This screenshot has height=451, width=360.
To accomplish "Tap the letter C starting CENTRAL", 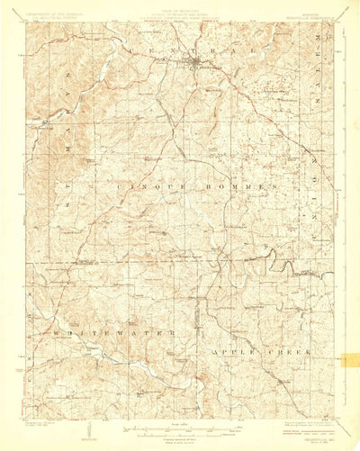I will (x=134, y=54).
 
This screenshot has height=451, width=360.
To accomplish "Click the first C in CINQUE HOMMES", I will (x=121, y=185).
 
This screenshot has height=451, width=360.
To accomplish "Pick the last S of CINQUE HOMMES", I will (x=273, y=185).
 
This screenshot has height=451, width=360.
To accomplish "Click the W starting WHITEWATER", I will (x=56, y=335).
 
